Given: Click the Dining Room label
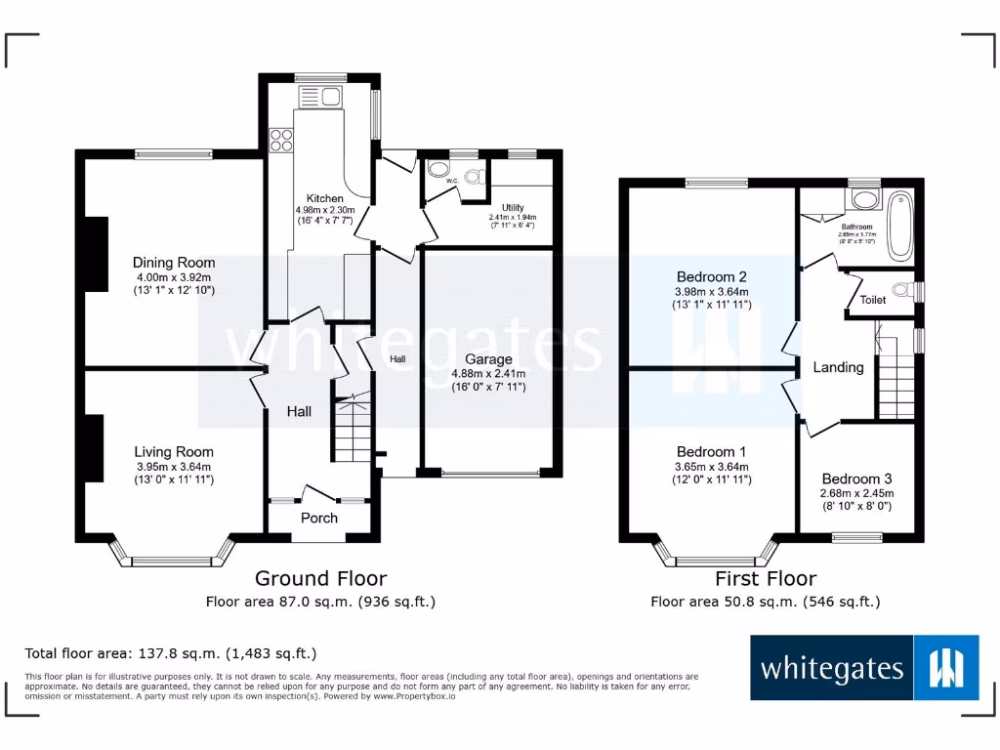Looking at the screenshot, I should pos(174,263).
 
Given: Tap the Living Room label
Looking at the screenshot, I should pos(174,452).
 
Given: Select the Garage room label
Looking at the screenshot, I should pos(487,359).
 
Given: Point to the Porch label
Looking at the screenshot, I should pos(318,518).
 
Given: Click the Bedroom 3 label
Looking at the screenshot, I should pos(856,479).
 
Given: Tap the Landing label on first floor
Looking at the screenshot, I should pos(838,367).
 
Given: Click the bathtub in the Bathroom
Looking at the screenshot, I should pos(900,226).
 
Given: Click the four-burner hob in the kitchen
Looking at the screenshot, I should pos(281,140).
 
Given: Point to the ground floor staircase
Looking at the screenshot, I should pos(352,427).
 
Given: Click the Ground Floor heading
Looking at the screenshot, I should pos(320,579).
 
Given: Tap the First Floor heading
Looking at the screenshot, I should pos(766,579).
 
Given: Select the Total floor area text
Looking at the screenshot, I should pos(171,653).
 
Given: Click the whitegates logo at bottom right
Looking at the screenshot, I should pos(864,669).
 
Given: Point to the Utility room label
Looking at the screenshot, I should pos(514,208).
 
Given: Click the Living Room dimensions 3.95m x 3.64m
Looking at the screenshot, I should pos(174,467).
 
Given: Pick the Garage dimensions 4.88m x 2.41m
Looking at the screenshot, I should pos(487,373).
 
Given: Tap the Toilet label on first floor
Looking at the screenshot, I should pos(873,300).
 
